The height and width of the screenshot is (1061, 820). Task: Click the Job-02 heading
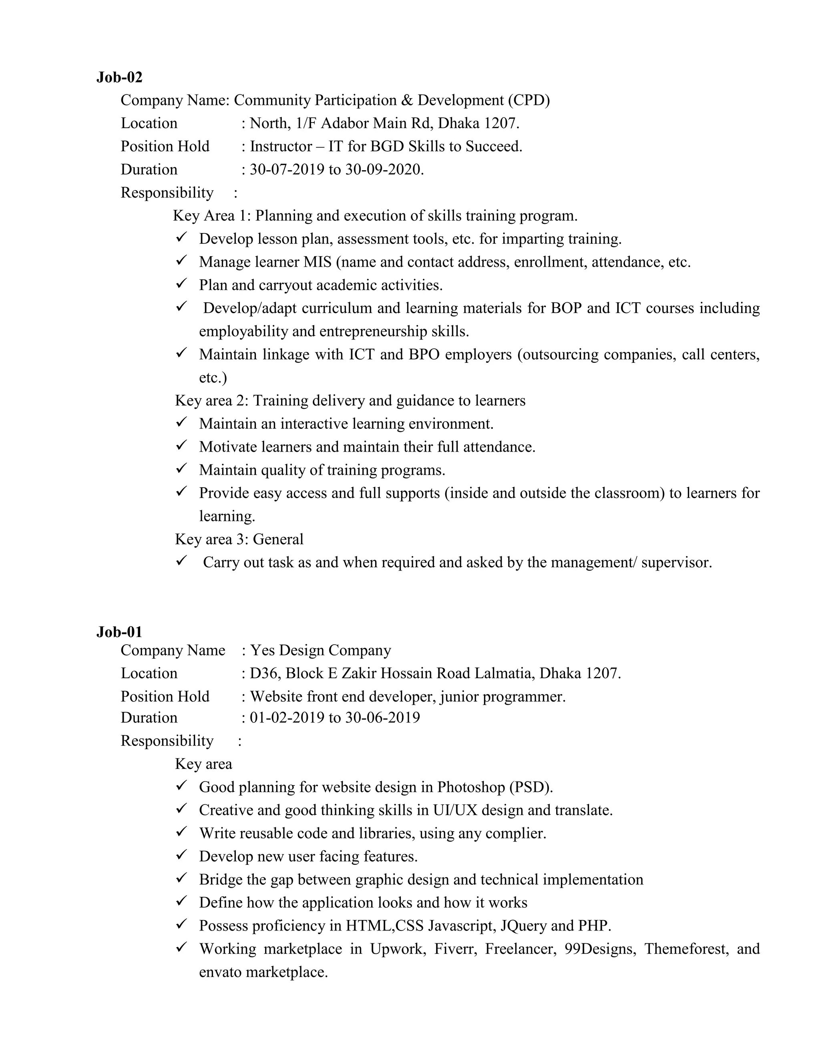click(119, 77)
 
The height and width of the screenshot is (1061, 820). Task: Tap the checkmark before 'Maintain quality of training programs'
click(182, 468)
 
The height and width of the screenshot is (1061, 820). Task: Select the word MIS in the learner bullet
click(317, 262)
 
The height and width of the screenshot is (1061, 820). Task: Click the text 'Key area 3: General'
click(239, 539)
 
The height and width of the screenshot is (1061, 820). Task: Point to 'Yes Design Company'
click(320, 651)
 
